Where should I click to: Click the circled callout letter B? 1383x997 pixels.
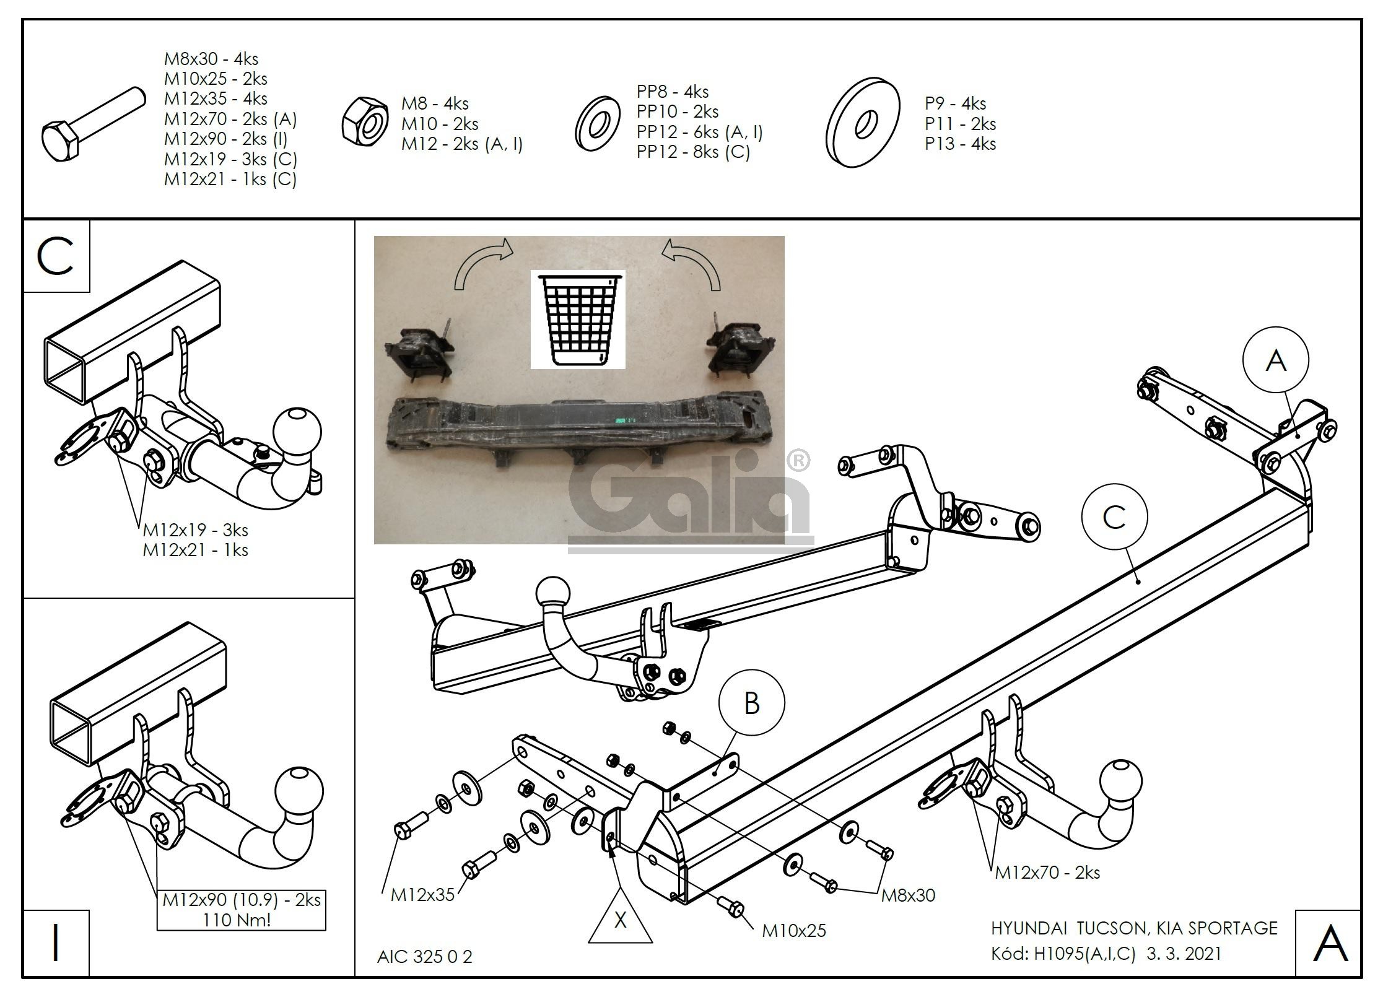click(751, 703)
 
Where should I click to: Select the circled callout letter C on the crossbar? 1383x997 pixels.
click(1114, 517)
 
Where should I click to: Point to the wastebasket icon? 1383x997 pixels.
click(577, 320)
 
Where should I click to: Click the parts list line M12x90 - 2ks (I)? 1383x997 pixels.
click(225, 139)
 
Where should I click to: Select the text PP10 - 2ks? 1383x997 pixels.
click(678, 112)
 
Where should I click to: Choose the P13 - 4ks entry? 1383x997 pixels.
click(960, 144)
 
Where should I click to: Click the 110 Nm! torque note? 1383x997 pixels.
click(237, 920)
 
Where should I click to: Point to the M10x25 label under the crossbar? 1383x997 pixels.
click(794, 931)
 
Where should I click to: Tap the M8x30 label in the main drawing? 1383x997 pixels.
click(908, 895)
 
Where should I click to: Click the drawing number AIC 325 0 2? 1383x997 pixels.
click(425, 957)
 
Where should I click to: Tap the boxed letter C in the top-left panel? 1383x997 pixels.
click(56, 256)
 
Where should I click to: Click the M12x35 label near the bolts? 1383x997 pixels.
click(422, 894)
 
